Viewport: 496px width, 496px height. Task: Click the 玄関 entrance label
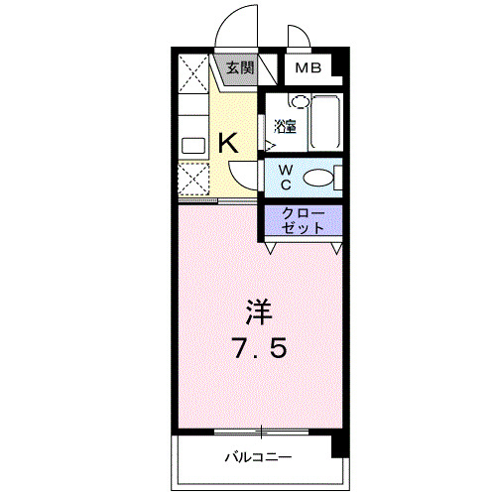click(240, 68)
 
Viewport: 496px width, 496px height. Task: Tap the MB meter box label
click(309, 68)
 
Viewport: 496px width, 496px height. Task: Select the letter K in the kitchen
click(228, 142)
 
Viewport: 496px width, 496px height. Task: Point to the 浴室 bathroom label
click(285, 126)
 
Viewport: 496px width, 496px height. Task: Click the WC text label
click(286, 178)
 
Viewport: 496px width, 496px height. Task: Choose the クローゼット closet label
click(303, 220)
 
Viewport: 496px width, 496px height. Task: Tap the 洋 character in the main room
click(259, 311)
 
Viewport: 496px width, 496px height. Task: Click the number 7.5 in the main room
click(260, 348)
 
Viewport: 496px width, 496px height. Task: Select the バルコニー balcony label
click(258, 457)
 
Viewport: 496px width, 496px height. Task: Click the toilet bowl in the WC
click(318, 178)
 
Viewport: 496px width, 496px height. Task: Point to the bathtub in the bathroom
click(325, 122)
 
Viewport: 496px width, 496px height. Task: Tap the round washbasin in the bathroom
click(302, 102)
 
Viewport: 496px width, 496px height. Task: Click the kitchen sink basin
click(193, 146)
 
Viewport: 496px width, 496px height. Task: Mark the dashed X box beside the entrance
click(193, 73)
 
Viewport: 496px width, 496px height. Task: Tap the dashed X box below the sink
click(193, 179)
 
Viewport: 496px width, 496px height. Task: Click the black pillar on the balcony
click(340, 446)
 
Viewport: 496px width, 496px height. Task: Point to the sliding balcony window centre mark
click(261, 432)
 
